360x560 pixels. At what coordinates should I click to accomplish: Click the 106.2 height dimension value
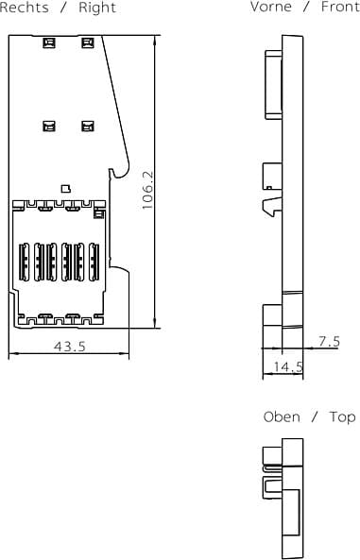tap(147, 190)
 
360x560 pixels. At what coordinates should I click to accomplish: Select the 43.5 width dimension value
tap(70, 346)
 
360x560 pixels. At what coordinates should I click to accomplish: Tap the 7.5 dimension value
tap(329, 342)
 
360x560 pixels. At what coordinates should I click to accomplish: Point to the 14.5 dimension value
tap(288, 366)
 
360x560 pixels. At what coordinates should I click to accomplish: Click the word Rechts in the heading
tap(24, 8)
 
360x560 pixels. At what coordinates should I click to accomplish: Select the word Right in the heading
tap(97, 8)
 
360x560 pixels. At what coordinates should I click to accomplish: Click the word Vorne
tap(271, 7)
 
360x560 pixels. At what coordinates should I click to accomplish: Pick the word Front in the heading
tap(340, 7)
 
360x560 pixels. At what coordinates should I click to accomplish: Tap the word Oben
tap(282, 416)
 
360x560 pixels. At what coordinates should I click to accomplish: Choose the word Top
tap(342, 417)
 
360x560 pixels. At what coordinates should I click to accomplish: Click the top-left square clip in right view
tap(49, 42)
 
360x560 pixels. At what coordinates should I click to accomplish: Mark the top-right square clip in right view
tap(88, 42)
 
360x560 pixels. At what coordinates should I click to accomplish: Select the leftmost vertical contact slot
tap(25, 262)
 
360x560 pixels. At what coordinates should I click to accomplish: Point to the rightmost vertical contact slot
tap(94, 262)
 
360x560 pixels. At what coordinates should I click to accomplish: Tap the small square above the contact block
tap(66, 189)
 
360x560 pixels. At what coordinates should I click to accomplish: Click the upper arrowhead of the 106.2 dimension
tap(155, 40)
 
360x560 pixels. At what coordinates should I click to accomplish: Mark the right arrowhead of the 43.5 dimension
tap(125, 354)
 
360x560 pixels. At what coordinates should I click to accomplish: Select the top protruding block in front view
tap(273, 84)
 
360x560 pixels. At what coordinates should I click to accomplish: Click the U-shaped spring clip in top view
tap(272, 487)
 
